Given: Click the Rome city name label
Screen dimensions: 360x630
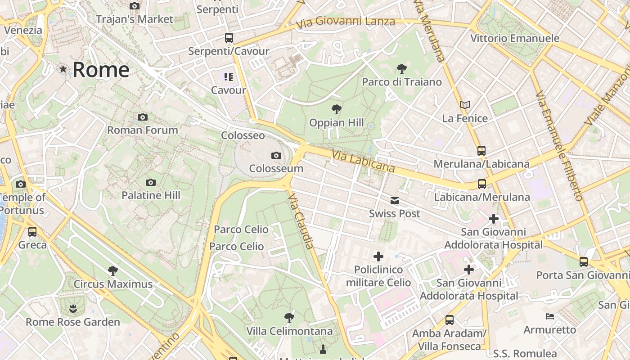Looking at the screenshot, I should [101, 70].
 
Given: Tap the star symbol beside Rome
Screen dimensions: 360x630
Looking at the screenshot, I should [63, 69].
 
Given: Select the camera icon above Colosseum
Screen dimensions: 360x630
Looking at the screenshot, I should [276, 156].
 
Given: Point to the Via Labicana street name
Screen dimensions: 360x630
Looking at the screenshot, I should [363, 162].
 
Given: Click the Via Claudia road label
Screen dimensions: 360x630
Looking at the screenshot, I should [301, 221].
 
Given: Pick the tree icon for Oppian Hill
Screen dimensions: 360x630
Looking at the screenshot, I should [336, 109].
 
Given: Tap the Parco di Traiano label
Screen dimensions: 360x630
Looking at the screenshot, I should [402, 82].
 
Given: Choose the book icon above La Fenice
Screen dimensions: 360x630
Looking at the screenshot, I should [465, 105].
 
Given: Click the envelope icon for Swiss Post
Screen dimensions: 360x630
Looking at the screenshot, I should [395, 201].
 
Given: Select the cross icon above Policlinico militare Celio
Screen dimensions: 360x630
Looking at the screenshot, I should [378, 256].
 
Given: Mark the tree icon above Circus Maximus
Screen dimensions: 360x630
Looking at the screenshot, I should [113, 271].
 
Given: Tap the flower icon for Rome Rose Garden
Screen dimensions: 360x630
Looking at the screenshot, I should [72, 309].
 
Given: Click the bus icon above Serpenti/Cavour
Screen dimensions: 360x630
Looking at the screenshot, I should [229, 38].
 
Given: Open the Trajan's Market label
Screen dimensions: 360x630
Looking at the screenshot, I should [135, 19].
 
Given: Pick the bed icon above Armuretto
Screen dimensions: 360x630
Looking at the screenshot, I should [549, 316].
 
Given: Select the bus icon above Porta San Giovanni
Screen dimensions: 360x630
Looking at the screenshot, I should [583, 261].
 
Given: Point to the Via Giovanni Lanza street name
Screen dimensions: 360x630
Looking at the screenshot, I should [346, 21].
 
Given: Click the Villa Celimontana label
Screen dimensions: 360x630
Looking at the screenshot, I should [289, 331].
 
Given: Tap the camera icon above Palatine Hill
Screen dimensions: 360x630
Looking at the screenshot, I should [151, 182].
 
